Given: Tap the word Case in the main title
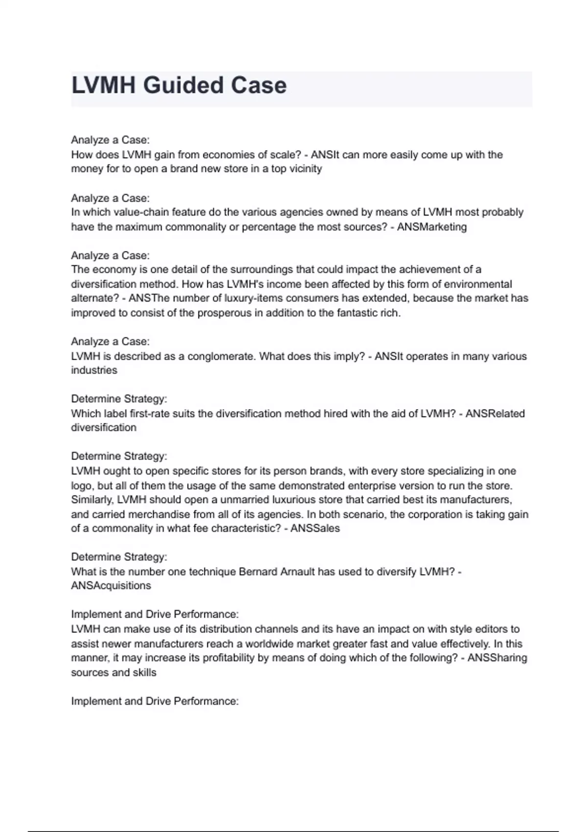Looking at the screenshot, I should pyautogui.click(x=259, y=86).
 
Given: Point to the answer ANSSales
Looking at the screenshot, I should pyautogui.click(x=315, y=528).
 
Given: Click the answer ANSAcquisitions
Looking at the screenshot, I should pyautogui.click(x=111, y=585).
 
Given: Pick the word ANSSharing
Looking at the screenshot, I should pyautogui.click(x=497, y=658).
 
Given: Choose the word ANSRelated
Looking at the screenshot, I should pyautogui.click(x=495, y=413).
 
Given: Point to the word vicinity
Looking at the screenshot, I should pyautogui.click(x=305, y=169).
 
